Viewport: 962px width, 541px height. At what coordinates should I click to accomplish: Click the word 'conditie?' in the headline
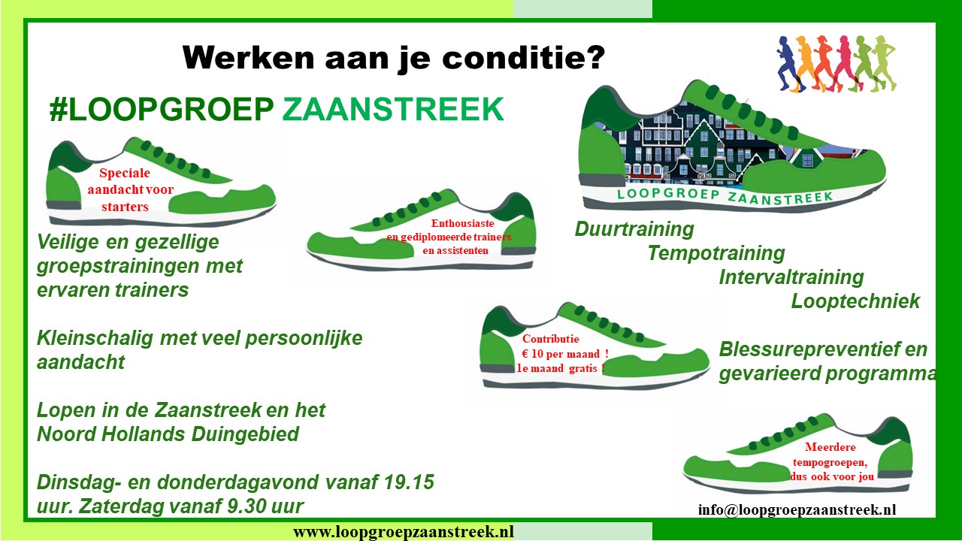coord(524,58)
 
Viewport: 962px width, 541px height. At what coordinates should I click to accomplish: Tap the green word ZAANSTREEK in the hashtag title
coord(393,110)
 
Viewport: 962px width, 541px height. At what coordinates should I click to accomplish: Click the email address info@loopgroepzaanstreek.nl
coord(797,509)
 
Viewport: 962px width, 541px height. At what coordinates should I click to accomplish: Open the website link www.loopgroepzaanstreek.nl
coord(404,531)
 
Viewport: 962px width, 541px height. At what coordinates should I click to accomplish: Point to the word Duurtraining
coord(634,229)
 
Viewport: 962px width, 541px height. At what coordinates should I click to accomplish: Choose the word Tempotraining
coord(716,253)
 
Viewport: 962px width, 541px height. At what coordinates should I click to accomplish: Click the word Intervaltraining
coord(791,277)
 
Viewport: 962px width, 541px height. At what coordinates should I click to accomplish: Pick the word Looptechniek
coord(855,301)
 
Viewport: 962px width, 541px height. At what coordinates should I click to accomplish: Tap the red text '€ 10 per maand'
coord(561,354)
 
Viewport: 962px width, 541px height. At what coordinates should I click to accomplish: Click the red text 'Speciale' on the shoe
coord(125,173)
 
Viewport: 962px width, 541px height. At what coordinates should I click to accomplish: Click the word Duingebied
coord(245,434)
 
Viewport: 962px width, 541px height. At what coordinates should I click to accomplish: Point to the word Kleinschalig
coord(95,338)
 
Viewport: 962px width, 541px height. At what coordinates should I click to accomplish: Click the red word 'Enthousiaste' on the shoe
coord(462,223)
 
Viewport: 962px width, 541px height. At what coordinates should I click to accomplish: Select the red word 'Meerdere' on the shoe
coord(830,447)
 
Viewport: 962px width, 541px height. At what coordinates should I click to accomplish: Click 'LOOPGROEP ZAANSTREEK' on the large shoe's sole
coord(725,196)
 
